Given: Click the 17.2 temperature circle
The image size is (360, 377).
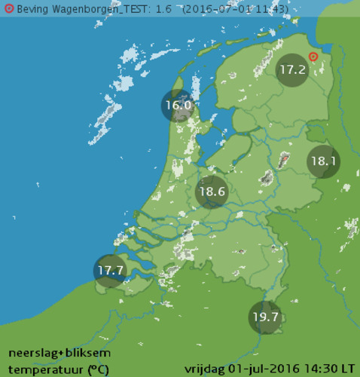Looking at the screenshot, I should (x=292, y=70).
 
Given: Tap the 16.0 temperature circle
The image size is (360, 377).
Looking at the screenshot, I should (x=178, y=106).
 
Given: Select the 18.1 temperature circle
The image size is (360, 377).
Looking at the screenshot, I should (x=324, y=161).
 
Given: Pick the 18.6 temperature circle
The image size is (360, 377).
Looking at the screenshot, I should (x=212, y=192).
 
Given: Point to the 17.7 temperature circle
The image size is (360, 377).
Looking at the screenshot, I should (x=110, y=270).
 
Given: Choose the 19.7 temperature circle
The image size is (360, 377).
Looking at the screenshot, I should (x=265, y=317).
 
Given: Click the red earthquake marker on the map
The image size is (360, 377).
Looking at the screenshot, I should (x=314, y=57).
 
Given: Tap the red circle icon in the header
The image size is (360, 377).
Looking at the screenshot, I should (x=9, y=8).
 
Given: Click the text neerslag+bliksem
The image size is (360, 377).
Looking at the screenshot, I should (x=59, y=353).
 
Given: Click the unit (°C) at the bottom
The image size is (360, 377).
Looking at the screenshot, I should (x=98, y=369).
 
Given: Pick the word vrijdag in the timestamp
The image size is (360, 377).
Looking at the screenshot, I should (x=204, y=369).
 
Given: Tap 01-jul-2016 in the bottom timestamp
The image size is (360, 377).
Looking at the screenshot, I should (x=262, y=369).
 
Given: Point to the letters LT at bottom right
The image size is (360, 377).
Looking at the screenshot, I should (x=347, y=369).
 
